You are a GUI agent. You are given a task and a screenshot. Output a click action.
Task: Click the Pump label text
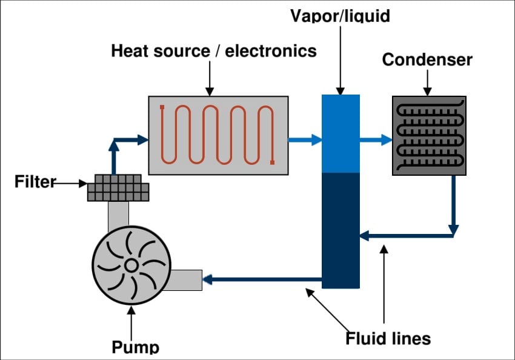(136, 347)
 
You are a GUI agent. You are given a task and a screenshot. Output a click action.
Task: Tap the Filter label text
(35, 182)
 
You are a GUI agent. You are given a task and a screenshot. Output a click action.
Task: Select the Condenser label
(427, 60)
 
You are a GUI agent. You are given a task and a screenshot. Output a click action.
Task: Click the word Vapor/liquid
(340, 15)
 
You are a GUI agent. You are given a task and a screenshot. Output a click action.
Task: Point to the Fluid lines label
(388, 338)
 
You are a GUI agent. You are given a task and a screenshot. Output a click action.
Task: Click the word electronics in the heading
(271, 50)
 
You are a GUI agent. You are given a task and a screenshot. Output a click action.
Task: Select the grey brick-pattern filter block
(118, 188)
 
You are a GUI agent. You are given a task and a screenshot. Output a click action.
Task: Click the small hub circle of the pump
(131, 265)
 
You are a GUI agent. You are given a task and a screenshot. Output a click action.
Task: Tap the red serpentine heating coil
(218, 135)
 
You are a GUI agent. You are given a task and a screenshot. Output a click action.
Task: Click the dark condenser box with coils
(429, 135)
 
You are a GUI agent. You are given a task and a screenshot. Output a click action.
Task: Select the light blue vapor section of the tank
(340, 133)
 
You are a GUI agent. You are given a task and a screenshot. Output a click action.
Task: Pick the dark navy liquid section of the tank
(340, 230)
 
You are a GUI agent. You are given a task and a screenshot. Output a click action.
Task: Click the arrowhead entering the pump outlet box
(207, 279)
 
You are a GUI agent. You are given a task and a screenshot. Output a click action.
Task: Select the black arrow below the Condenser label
(428, 82)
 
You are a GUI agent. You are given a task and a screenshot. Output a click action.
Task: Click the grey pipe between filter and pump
(118, 216)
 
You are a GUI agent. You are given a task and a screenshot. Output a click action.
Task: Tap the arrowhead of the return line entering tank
(364, 235)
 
